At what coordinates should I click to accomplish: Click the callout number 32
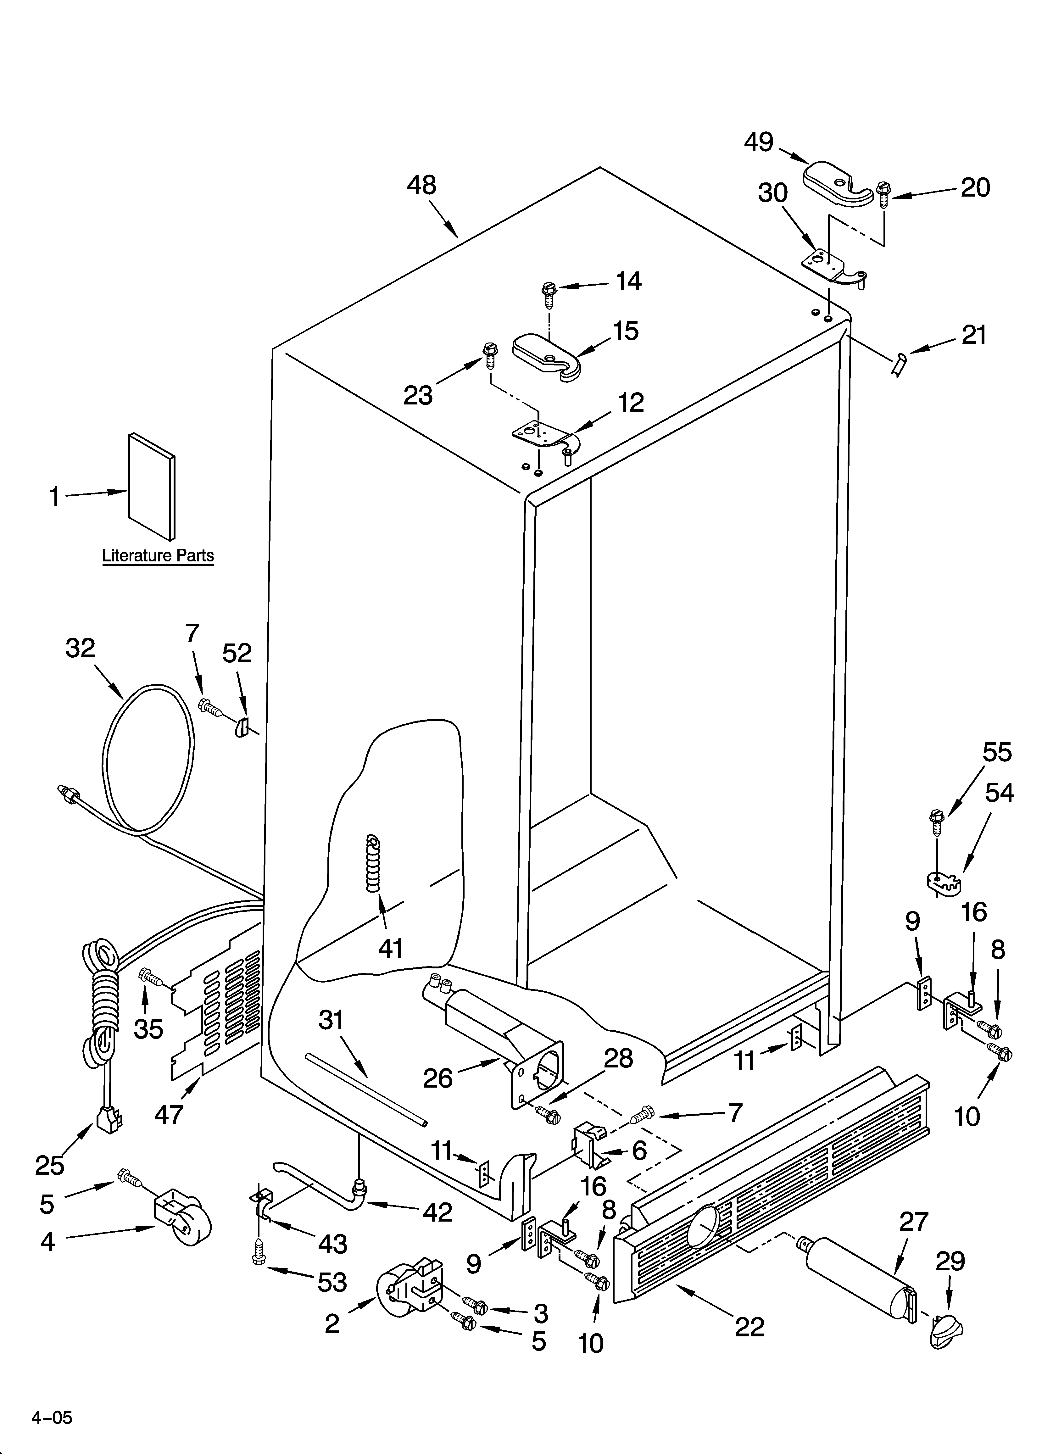(80, 648)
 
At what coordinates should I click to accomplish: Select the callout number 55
(997, 752)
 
